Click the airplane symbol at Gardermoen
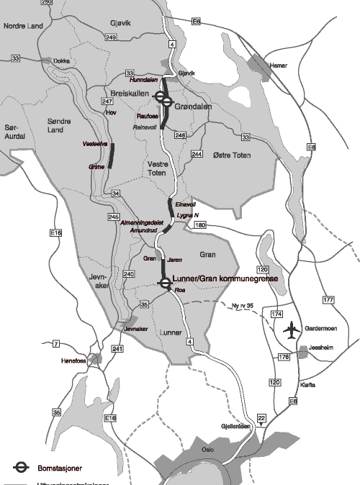tap(291, 331)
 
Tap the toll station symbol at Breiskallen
tap(166, 102)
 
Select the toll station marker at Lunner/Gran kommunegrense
tap(165, 283)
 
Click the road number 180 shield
tap(199, 225)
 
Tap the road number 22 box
tap(261, 418)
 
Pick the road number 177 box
tap(329, 299)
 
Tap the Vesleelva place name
tap(95, 144)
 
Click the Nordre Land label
tap(24, 24)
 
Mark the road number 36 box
tap(56, 412)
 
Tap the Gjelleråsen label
tap(236, 426)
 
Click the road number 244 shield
tap(197, 154)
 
